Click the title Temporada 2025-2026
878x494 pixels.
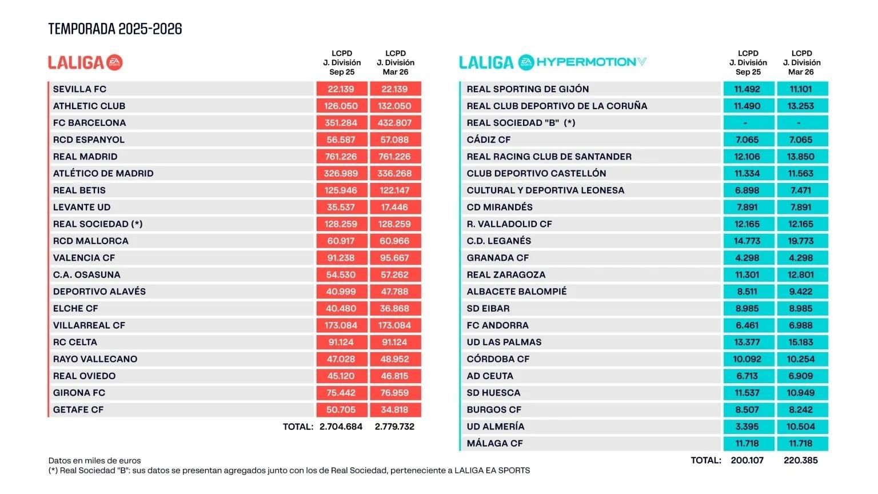click(115, 29)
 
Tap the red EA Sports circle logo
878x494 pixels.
click(115, 62)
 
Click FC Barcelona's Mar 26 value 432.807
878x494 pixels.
click(394, 123)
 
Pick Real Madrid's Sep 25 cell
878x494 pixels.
click(341, 157)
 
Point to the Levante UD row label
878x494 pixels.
click(82, 207)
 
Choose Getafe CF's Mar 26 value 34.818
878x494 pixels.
click(394, 409)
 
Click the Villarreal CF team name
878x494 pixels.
click(89, 325)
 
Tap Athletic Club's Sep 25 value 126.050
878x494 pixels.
click(341, 106)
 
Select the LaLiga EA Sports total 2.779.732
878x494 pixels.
click(394, 427)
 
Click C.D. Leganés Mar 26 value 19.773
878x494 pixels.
click(801, 241)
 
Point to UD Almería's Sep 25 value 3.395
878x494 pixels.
click(747, 427)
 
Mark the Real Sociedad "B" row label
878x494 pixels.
click(521, 123)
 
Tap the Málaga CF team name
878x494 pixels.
click(494, 443)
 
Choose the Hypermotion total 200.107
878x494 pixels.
click(747, 460)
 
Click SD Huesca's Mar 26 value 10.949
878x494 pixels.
click(801, 393)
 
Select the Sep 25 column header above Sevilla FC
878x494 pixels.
click(342, 63)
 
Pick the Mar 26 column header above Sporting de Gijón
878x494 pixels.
click(801, 63)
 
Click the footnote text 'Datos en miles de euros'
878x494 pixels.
click(94, 460)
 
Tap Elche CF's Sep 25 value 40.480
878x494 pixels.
click(341, 308)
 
